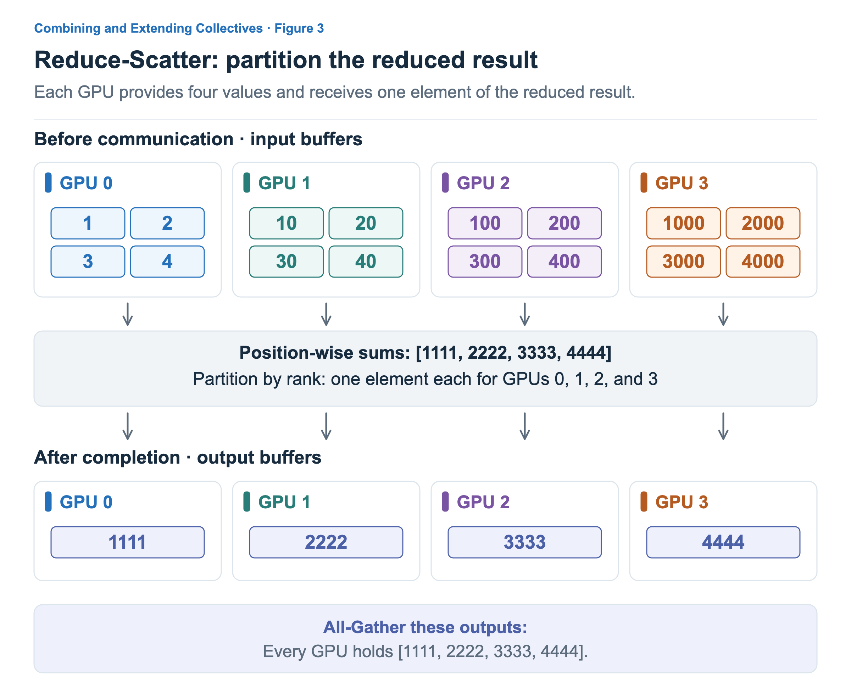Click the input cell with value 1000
point(683,223)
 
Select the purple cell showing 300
point(485,262)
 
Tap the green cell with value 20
point(366,223)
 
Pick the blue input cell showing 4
point(167,262)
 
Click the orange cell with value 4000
point(763,262)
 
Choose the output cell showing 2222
point(326,542)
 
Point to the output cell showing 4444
point(723,542)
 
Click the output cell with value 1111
point(128,542)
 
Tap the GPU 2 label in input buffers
point(483,183)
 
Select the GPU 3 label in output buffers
point(682,502)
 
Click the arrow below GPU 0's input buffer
point(128,314)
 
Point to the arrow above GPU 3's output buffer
point(723,426)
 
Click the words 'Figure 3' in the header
point(299,28)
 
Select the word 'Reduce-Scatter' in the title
point(126,60)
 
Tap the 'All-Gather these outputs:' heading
point(425,627)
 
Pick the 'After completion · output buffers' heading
point(178,457)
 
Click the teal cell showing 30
point(287,262)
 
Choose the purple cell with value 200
point(564,223)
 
